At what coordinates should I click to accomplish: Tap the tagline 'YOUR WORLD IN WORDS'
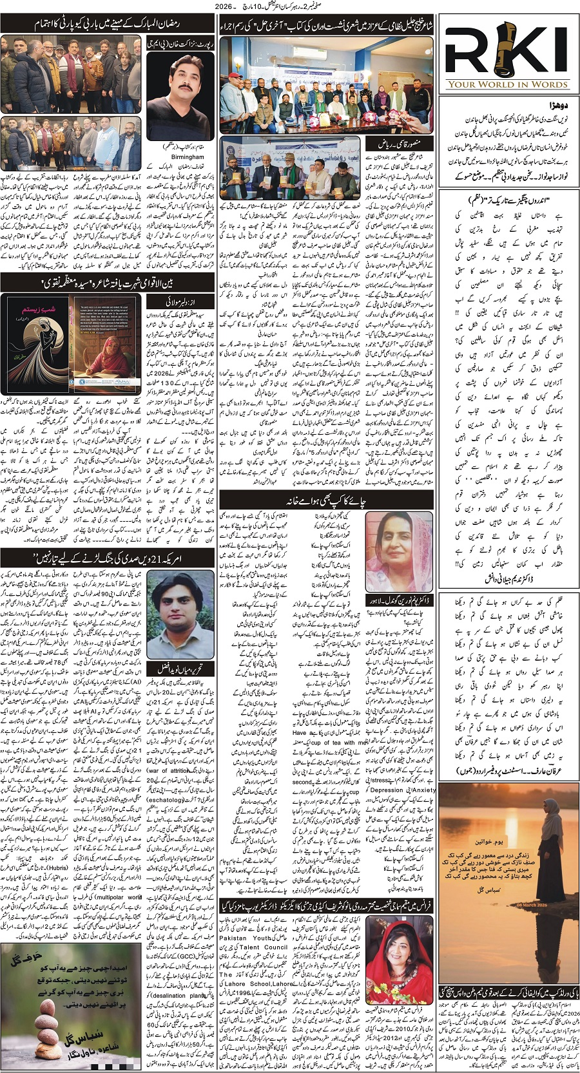(507, 84)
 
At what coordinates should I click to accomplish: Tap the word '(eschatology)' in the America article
(166, 799)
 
